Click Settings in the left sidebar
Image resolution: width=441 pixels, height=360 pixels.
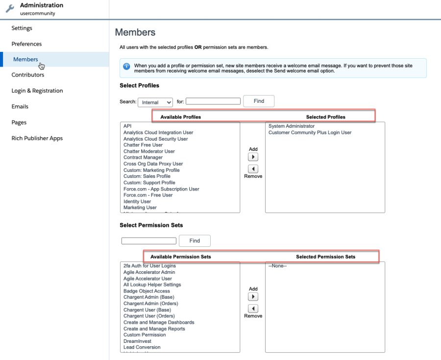(22, 28)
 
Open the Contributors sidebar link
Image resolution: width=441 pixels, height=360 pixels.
(28, 75)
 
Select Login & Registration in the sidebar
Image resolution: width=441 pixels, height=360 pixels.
(37, 91)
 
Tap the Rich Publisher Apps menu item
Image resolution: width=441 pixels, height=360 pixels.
(37, 138)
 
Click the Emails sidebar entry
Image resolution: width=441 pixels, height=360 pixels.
(20, 106)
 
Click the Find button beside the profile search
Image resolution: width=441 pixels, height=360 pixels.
(259, 101)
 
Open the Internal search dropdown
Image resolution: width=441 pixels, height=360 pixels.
(155, 102)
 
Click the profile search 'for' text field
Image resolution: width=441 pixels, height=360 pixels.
(213, 101)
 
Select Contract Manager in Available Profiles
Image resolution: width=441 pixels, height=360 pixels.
(143, 158)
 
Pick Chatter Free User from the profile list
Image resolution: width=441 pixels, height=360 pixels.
(143, 145)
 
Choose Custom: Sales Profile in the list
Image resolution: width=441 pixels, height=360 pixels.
(147, 176)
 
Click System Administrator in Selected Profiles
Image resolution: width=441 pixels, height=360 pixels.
(292, 126)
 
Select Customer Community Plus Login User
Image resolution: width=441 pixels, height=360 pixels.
(310, 133)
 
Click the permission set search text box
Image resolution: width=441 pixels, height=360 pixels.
(148, 241)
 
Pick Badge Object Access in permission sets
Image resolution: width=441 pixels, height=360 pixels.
(147, 291)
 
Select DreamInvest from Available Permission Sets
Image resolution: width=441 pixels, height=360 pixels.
(137, 341)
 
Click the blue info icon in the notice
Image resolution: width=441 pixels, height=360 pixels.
(126, 66)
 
